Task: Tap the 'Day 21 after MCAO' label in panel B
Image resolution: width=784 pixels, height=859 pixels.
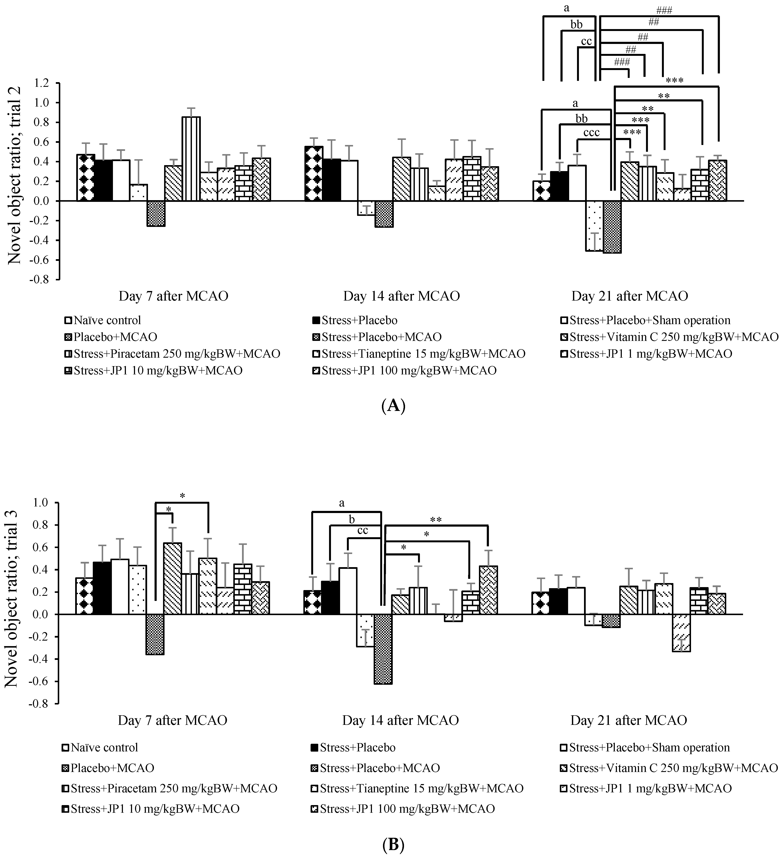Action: [x=628, y=720]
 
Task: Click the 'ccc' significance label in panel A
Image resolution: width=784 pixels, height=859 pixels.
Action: [x=591, y=132]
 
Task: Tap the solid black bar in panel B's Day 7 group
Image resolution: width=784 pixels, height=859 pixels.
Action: [x=102, y=588]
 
